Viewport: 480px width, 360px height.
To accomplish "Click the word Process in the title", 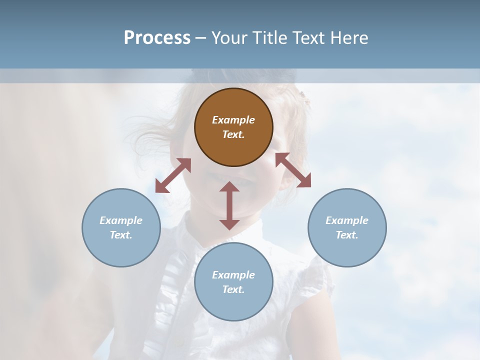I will coord(157,38).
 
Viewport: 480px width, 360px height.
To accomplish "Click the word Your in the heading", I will coord(230,38).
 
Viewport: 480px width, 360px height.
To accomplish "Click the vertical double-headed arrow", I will coord(229,205).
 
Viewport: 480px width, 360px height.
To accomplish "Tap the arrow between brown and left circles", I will coord(173,175).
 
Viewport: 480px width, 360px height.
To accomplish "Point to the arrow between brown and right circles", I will coord(293,170).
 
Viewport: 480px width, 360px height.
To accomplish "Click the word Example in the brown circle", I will coord(233,120).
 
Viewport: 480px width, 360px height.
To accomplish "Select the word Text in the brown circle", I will coord(232,134).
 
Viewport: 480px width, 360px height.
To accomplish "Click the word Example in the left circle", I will coord(121,220).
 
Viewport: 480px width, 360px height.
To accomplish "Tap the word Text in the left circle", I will coord(120,235).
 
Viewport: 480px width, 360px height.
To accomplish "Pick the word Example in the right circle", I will coord(347,220).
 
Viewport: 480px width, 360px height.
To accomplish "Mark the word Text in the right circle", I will coord(346,235).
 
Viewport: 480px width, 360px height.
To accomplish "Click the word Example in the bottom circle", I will coord(233,275).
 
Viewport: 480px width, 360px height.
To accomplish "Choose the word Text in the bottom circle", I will coord(232,289).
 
